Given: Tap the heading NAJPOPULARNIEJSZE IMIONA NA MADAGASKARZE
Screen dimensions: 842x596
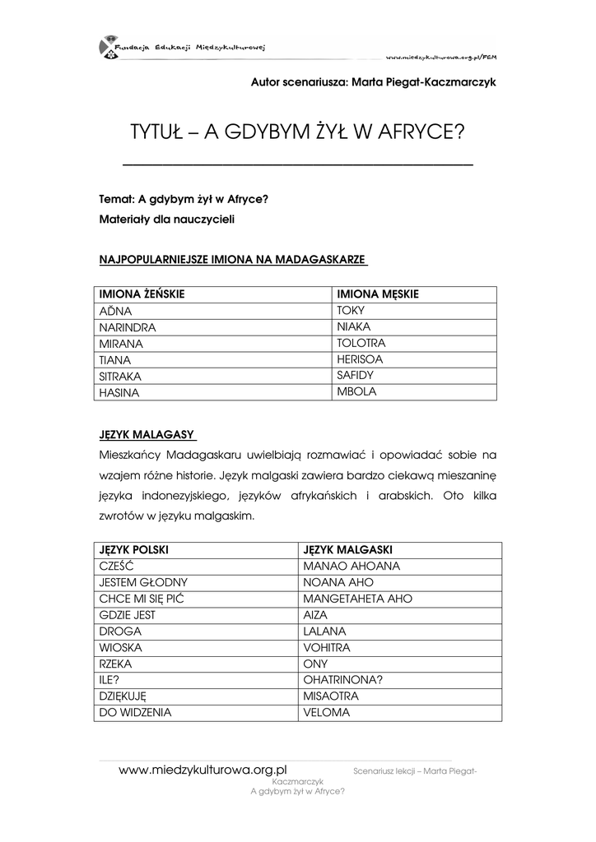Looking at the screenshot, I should [231, 260].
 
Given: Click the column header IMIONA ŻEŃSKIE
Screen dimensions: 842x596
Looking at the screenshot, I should [142, 294].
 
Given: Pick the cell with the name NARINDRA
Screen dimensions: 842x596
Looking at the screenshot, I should [128, 327].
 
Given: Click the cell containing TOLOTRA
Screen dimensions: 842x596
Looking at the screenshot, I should [361, 343].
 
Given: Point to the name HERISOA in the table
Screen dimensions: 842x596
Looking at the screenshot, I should [360, 359].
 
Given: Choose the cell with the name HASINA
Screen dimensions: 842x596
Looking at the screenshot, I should [119, 393].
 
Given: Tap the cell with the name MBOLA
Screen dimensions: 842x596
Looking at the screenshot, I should [356, 392].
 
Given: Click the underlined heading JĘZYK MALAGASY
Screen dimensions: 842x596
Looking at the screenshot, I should [147, 434].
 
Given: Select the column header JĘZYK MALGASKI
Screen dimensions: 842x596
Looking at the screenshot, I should [347, 549].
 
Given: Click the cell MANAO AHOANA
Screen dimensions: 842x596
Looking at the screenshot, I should [352, 566].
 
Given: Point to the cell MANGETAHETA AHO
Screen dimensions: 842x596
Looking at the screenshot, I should [357, 599].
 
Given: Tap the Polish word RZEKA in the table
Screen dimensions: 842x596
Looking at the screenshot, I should [116, 664].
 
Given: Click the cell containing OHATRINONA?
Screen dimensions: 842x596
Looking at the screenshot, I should [343, 680].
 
